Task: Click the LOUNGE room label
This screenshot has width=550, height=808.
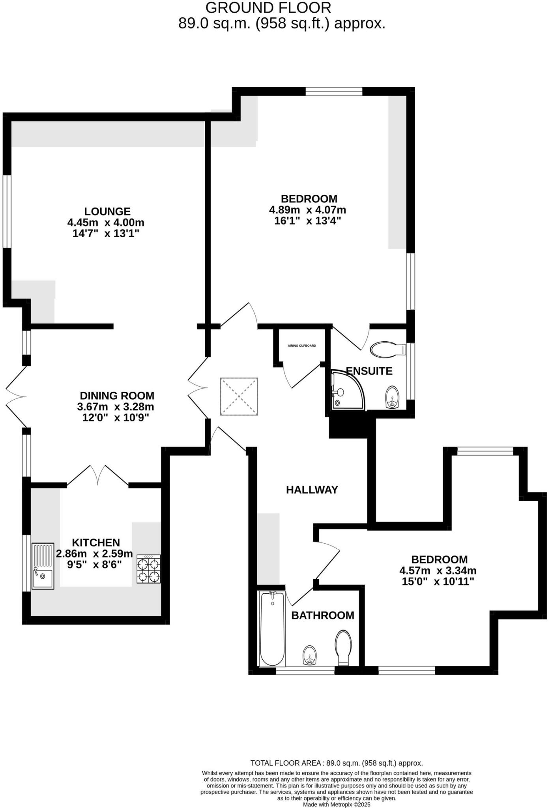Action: click(107, 212)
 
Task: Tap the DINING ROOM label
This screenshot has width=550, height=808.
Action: click(117, 396)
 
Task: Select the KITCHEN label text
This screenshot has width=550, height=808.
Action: click(96, 542)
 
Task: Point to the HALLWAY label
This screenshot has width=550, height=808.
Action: click(312, 490)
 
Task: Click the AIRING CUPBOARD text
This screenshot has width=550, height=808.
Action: click(302, 346)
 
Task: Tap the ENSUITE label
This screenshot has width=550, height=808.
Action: click(369, 371)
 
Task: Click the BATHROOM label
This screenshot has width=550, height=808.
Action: click(323, 615)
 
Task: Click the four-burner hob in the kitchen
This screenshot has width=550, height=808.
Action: click(149, 569)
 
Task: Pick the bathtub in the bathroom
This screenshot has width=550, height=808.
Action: click(272, 628)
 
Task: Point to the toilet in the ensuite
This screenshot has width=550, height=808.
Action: click(388, 349)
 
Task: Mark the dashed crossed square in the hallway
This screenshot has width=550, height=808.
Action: click(239, 397)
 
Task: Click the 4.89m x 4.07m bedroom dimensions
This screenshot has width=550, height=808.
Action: click(307, 210)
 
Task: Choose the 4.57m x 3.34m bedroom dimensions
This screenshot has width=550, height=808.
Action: click(438, 570)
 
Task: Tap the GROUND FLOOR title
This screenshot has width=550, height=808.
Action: click(268, 8)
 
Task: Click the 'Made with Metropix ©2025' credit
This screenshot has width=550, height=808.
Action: click(337, 804)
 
